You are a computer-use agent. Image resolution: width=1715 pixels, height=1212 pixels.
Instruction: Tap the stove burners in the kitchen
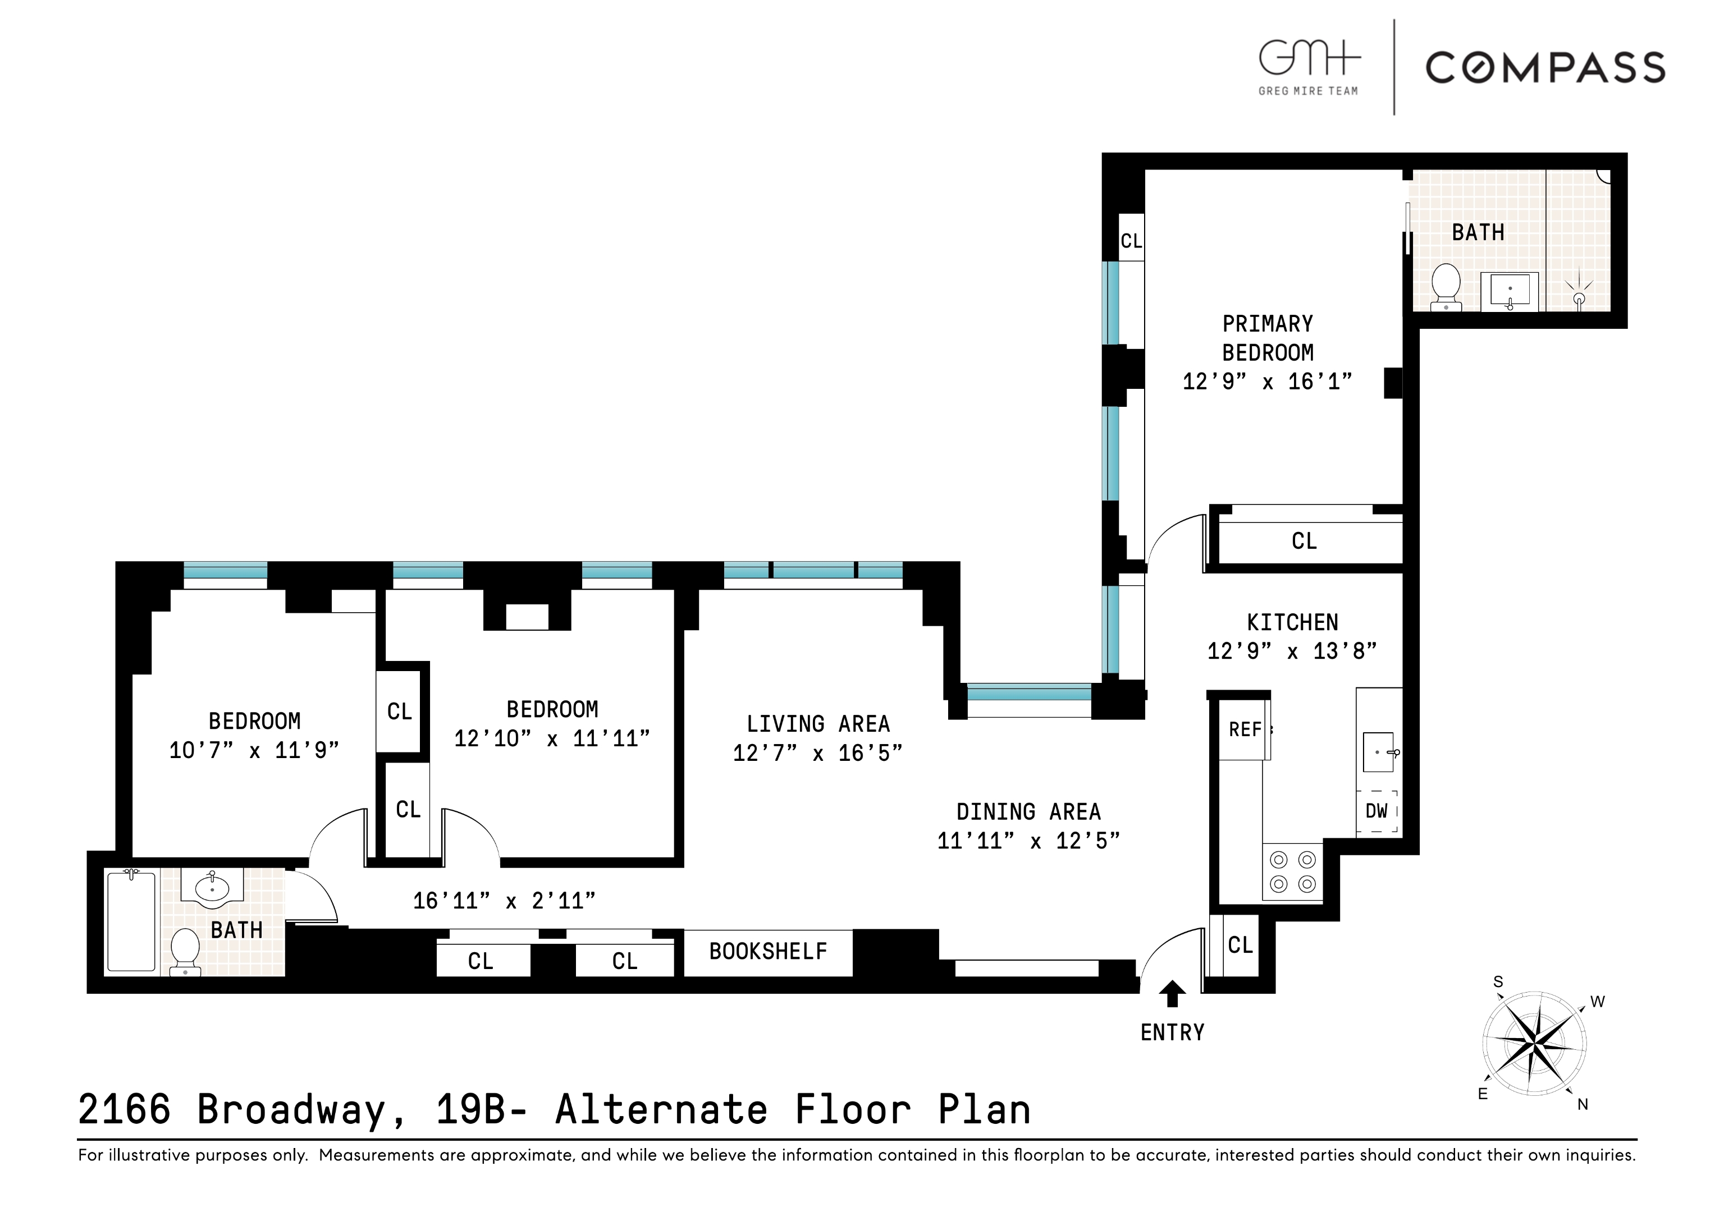1292,871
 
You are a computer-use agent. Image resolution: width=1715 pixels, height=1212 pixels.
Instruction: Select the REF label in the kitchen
1245,729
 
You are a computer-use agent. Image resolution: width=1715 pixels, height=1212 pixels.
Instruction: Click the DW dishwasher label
1376,811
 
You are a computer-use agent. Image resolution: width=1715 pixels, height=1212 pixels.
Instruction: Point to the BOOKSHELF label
768,952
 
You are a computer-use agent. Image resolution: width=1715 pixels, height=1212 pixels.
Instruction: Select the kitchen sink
1379,752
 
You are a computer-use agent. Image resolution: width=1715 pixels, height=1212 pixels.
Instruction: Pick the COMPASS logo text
1545,68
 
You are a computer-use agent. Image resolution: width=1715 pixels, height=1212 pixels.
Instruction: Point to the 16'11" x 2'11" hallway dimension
504,901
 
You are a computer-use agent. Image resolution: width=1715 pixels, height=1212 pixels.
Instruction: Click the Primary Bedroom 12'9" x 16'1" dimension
1267,382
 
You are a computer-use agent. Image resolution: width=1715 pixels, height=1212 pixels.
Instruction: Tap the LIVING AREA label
818,724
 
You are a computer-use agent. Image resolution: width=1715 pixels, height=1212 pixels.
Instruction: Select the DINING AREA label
1028,812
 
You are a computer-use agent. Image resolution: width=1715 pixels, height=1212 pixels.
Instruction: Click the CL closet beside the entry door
1240,945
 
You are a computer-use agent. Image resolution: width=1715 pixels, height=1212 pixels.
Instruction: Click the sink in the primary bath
1510,291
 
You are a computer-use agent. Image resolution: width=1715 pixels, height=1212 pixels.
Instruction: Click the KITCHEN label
1292,623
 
